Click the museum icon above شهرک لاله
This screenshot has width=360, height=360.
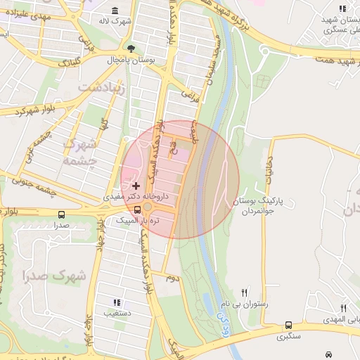pos(115,11)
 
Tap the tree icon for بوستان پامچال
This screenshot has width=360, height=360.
pos(131,49)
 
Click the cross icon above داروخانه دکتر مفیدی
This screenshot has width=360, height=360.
pos(136,186)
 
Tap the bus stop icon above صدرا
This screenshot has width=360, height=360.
pos(62,214)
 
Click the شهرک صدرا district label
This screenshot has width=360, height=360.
pos(55,275)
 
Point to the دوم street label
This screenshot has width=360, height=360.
pos(171,278)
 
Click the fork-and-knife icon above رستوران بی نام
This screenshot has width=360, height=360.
pos(245,292)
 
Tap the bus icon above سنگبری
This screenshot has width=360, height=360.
pos(288,325)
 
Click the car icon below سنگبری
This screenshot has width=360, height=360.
pos(328,353)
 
